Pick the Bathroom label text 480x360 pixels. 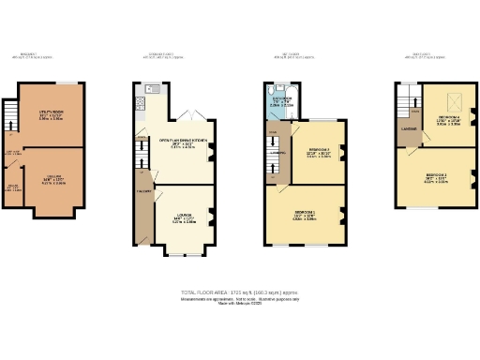coord(282,99)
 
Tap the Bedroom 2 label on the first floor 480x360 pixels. coord(318,152)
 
